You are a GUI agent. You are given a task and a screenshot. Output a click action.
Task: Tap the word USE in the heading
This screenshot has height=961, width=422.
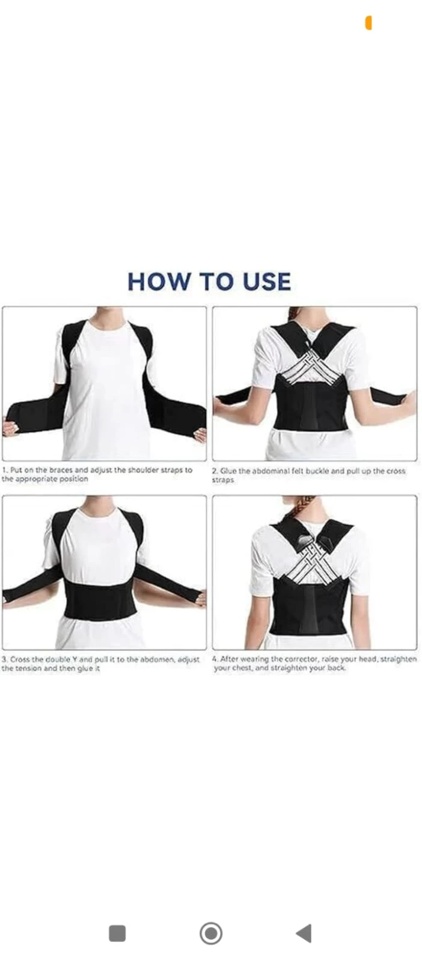click(266, 282)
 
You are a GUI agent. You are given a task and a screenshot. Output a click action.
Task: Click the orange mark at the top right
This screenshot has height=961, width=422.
click(368, 23)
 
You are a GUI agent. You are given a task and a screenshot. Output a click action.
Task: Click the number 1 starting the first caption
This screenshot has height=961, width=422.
click(4, 470)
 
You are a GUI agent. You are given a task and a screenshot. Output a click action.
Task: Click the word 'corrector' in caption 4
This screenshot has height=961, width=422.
click(302, 659)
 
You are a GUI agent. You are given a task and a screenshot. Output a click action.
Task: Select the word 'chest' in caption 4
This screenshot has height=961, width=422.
click(242, 668)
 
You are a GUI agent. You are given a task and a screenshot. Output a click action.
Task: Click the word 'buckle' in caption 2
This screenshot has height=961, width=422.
click(317, 471)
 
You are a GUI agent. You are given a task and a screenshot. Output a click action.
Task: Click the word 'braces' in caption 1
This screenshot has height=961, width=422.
click(61, 470)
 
